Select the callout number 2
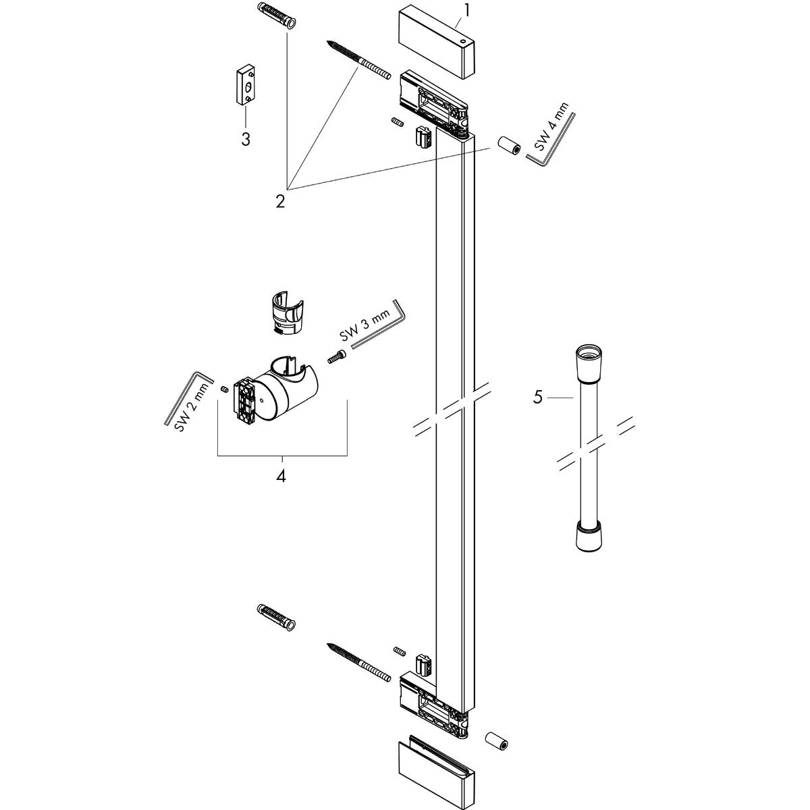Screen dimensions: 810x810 [x=281, y=201]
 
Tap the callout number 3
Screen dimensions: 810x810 [x=246, y=139]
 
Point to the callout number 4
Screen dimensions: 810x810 [x=281, y=476]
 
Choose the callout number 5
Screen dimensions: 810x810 [x=538, y=397]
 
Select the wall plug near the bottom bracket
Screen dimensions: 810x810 [x=277, y=616]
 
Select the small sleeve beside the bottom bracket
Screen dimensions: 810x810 [x=496, y=741]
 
